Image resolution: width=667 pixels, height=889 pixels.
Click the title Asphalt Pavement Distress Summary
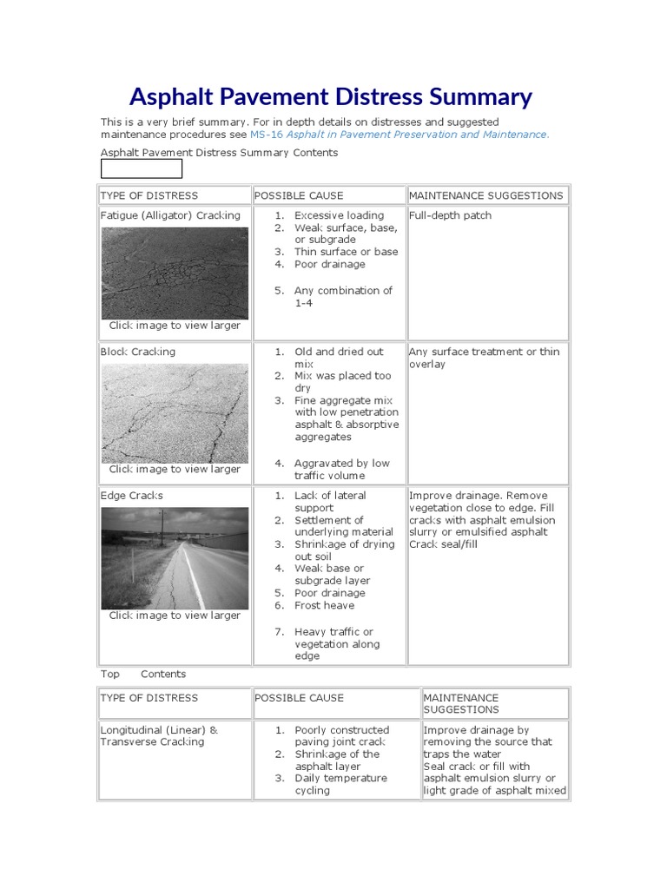click(330, 95)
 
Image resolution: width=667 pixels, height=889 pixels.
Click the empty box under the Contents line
click(142, 168)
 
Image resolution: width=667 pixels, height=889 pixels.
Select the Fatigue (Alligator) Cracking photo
click(175, 273)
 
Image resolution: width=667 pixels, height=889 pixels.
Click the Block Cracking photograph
click(175, 412)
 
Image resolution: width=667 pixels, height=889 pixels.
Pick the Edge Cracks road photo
click(175, 558)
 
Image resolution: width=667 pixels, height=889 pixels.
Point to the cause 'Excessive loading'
click(339, 215)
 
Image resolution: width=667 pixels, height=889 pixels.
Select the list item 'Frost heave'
click(324, 605)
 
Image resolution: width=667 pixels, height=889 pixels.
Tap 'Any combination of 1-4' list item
click(342, 297)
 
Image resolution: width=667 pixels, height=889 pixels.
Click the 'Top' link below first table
click(110, 674)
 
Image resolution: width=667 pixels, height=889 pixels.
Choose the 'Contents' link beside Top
click(163, 674)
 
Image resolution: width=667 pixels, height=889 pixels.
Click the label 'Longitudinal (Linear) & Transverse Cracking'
click(158, 736)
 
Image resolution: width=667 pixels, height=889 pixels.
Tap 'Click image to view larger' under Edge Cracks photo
click(175, 616)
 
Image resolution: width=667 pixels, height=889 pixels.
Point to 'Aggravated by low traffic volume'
click(341, 470)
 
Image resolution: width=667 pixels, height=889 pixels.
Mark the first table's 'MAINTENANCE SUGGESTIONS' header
click(485, 195)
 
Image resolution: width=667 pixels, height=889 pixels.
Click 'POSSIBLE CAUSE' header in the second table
click(299, 698)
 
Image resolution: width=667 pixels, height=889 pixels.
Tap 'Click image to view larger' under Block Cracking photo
click(175, 469)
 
